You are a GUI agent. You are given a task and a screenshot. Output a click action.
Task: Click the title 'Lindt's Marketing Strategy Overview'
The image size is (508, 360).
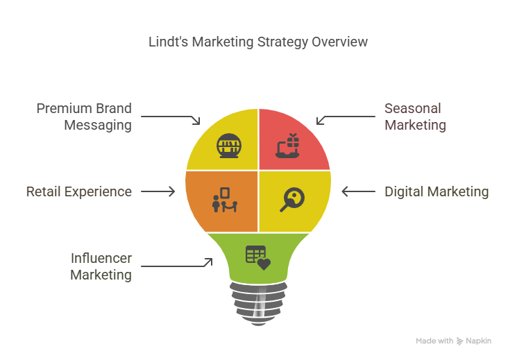click(258, 42)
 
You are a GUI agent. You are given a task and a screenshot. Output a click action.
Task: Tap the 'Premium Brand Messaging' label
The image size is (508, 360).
click(84, 117)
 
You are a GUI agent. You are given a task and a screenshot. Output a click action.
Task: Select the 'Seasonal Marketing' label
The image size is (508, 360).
click(415, 117)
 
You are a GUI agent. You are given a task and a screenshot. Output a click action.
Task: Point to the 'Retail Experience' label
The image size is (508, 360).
click(79, 191)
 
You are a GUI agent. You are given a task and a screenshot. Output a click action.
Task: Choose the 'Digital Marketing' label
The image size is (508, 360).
click(437, 191)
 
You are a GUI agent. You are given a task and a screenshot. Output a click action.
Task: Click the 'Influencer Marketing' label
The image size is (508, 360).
click(101, 266)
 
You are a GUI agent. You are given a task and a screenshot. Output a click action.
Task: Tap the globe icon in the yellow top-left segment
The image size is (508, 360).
click(229, 146)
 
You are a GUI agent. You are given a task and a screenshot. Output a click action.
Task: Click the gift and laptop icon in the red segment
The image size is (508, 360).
click(287, 146)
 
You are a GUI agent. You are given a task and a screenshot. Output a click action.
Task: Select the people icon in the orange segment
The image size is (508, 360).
click(225, 200)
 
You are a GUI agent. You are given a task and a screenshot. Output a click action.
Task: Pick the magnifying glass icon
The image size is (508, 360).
click(292, 200)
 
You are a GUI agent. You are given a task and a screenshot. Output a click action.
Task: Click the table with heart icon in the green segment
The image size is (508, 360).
click(258, 258)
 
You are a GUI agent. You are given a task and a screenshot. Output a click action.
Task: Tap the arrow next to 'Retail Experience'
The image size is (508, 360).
click(158, 191)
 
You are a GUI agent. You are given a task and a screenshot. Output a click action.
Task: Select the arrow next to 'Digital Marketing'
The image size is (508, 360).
click(358, 191)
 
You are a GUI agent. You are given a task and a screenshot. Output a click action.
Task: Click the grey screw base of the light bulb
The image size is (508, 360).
click(258, 304)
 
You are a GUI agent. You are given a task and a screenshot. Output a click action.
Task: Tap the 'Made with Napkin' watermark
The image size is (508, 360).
click(454, 341)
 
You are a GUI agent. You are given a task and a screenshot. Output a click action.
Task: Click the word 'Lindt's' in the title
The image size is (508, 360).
click(169, 42)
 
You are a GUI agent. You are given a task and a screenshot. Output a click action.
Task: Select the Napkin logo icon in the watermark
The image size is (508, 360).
click(459, 341)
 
